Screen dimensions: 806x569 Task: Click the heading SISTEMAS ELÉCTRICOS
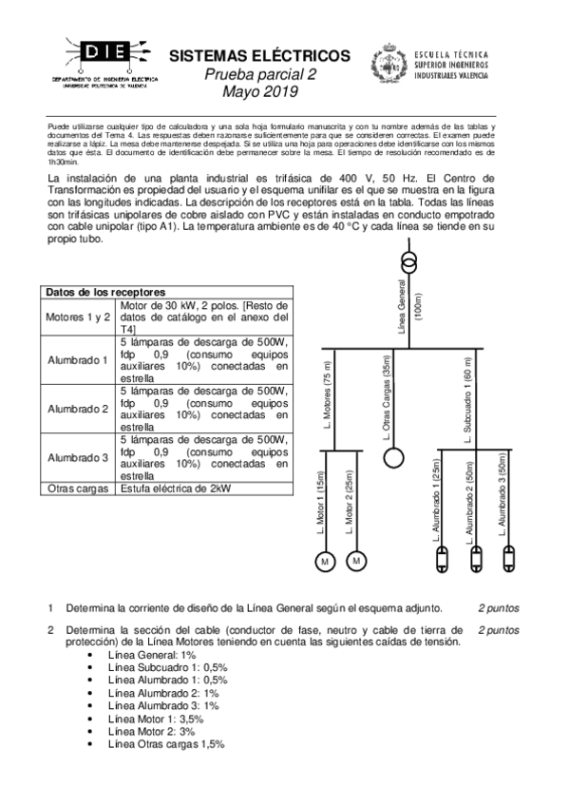point(259,56)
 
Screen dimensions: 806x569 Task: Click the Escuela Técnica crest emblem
point(388,65)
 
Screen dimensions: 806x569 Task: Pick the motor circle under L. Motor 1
point(326,561)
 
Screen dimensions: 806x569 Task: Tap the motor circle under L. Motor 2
point(356,561)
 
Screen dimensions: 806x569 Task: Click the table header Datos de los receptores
point(106,292)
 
